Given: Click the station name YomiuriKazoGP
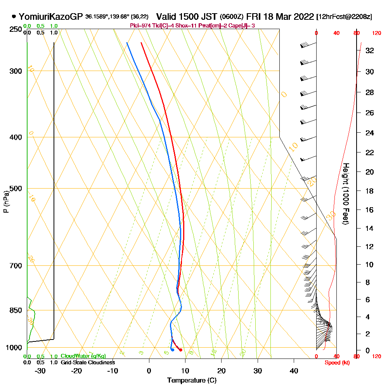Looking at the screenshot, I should [50, 17].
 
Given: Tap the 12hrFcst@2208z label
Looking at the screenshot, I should [345, 17].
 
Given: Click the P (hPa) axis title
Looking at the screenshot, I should [6, 202].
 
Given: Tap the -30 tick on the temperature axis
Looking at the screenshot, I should [40, 371].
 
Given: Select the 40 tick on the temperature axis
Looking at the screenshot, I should [294, 371].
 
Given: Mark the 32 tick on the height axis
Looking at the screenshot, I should [370, 50].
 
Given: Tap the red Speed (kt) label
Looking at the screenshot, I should [336, 363].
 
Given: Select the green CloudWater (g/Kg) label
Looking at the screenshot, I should [83, 356].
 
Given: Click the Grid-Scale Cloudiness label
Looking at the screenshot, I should [87, 362].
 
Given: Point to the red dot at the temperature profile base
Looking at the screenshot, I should [181, 350].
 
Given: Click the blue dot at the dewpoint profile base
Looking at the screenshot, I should [172, 350].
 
